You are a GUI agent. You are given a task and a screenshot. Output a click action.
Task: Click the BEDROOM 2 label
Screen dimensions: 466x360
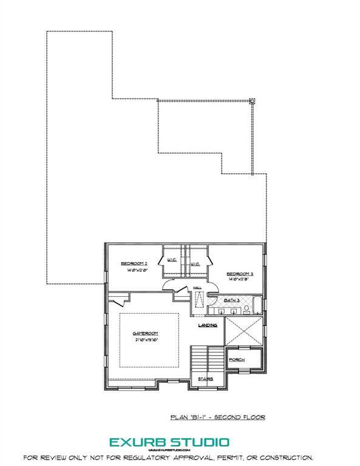[134, 263]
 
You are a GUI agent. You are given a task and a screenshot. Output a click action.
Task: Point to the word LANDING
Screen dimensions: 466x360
[208, 326]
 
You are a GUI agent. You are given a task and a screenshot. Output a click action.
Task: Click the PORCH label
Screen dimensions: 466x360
[236, 360]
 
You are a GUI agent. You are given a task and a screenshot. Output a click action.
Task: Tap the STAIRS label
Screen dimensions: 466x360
[205, 380]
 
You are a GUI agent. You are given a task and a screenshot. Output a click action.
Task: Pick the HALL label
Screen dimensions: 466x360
[197, 288]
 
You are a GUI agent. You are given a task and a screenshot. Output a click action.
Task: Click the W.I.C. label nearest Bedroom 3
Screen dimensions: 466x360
[195, 265]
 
